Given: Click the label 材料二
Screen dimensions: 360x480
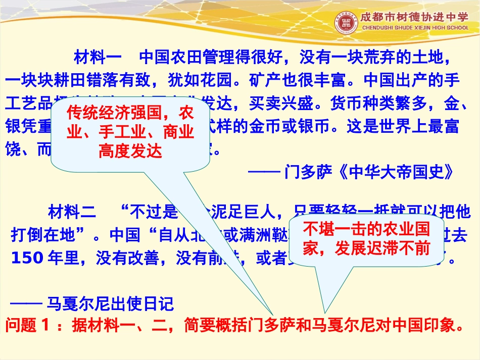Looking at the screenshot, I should click(72, 211).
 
